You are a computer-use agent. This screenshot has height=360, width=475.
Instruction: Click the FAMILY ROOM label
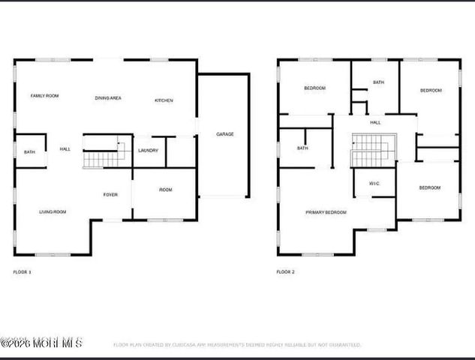[x=44, y=96]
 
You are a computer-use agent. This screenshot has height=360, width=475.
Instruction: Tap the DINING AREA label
[x=108, y=98]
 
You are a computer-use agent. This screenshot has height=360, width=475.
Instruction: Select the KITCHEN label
[x=164, y=100]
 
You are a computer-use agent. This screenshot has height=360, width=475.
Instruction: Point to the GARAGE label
[x=225, y=134]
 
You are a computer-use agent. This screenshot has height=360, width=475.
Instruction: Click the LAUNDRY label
[x=148, y=150]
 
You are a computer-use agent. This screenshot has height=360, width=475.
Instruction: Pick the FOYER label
[x=110, y=195]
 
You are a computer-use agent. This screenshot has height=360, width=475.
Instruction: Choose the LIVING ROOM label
[x=53, y=212]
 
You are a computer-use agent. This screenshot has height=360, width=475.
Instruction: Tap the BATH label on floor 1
[x=29, y=152]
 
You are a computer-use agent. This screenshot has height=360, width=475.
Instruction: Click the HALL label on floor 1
[x=65, y=149]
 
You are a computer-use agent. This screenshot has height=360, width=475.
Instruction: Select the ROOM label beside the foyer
[x=165, y=190]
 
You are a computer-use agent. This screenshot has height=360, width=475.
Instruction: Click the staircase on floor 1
[x=100, y=153]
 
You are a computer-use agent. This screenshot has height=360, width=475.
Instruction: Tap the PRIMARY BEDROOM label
[x=326, y=212]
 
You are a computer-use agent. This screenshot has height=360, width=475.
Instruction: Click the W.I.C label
[x=374, y=183]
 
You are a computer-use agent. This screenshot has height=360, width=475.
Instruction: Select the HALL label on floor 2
[x=375, y=122]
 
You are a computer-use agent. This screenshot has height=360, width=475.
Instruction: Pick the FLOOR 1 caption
[x=23, y=271]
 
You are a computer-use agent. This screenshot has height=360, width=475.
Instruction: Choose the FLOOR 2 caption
[x=285, y=271]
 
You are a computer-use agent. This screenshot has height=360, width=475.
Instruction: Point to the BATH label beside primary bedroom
[x=302, y=148]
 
